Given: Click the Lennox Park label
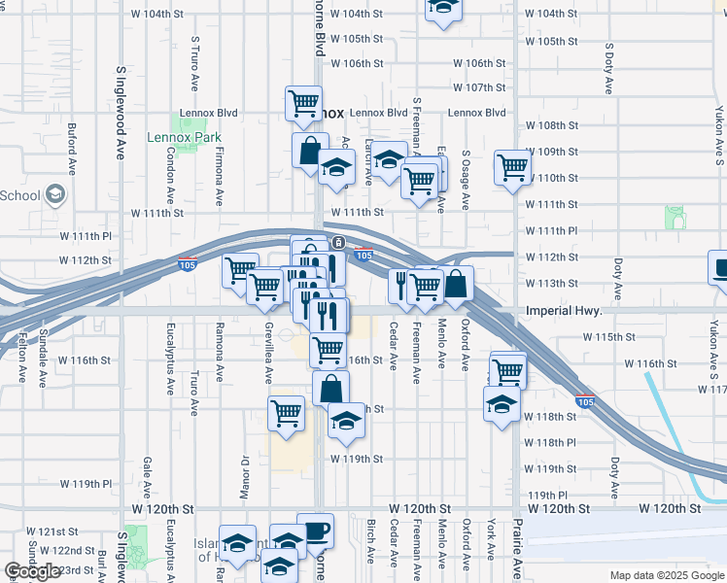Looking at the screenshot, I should coord(185,138).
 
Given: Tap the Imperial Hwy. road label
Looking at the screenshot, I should coord(564,311).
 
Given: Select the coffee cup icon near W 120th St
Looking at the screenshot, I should coord(315,531).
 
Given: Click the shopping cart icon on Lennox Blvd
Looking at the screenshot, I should coord(303,102).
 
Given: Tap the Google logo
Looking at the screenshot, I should coord(31,571).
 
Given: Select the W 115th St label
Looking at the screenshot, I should coord(608,336).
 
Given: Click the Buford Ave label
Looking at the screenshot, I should coord(72,149).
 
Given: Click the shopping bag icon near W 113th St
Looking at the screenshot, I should coord(456,285).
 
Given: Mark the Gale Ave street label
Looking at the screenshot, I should coord(147,474).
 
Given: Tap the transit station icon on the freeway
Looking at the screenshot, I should coord(337,242).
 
